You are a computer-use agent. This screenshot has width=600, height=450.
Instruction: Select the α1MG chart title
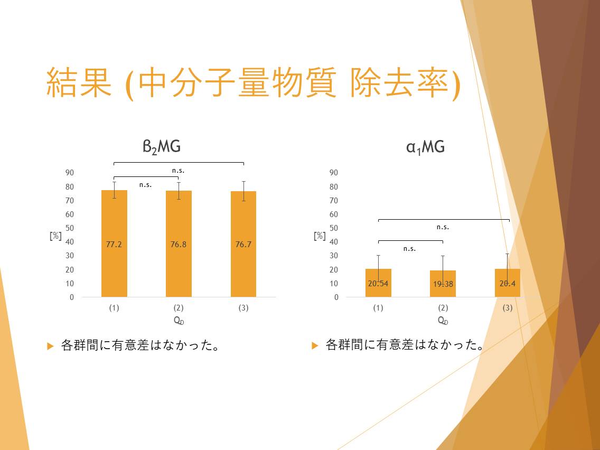[426, 147]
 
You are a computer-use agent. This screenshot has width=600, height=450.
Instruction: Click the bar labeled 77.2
[114, 243]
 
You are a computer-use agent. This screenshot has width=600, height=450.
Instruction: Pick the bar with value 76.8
[179, 244]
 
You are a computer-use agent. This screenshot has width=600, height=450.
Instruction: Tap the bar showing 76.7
[243, 244]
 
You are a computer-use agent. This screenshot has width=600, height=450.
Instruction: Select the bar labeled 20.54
[379, 283]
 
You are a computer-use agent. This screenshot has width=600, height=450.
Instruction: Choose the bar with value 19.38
[443, 284]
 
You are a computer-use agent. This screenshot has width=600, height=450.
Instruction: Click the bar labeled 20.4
[508, 283]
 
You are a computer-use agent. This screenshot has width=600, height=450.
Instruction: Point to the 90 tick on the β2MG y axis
[70, 173]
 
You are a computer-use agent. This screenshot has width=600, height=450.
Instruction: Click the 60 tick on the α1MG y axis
[334, 214]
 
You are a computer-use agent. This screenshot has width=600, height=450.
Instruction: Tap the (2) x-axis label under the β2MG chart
[179, 307]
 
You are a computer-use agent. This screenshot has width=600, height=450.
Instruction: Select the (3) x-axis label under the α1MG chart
[508, 307]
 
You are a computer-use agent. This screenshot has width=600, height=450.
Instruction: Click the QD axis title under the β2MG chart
[179, 321]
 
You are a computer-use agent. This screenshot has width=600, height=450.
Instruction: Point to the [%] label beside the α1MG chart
[320, 236]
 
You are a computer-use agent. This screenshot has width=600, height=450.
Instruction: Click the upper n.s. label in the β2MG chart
[179, 171]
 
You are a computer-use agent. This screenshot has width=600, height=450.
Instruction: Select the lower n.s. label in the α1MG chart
[409, 249]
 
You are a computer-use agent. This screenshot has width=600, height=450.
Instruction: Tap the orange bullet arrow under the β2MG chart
[50, 346]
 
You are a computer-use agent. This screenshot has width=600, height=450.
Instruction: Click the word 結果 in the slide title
[79, 82]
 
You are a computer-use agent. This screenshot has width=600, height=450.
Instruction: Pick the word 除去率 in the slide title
[399, 82]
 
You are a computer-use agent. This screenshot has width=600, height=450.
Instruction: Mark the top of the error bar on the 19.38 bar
[443, 256]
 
